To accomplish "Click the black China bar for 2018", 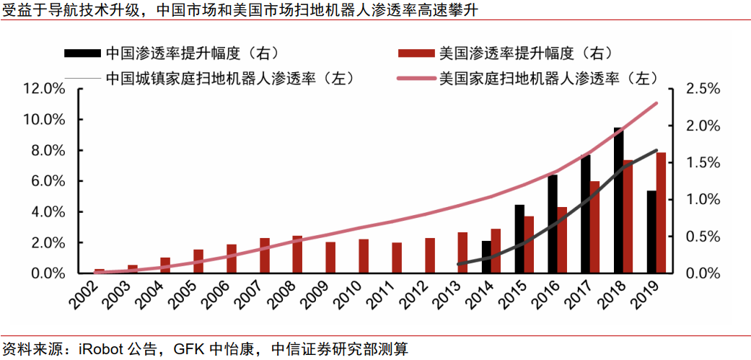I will pyautogui.click(x=618, y=201).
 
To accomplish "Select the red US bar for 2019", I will pyautogui.click(x=662, y=213).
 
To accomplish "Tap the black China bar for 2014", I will pyautogui.click(x=486, y=257).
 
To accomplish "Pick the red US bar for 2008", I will pyautogui.click(x=297, y=255).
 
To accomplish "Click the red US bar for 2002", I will pyautogui.click(x=100, y=271).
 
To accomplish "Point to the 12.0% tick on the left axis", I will pyautogui.click(x=45, y=89).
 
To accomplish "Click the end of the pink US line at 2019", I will pyautogui.click(x=656, y=103).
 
